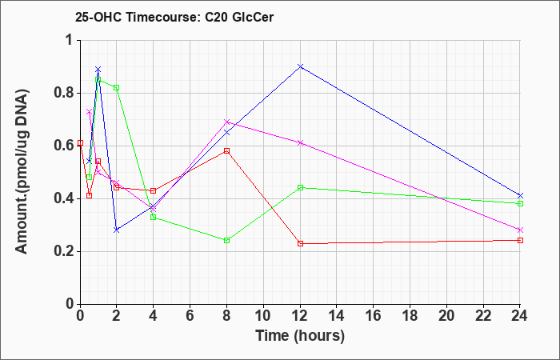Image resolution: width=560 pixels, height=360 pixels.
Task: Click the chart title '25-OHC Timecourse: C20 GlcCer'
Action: (x=174, y=17)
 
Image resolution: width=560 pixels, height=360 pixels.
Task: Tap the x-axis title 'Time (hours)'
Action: (x=300, y=336)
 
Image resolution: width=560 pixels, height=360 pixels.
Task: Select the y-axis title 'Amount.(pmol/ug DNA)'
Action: (x=22, y=171)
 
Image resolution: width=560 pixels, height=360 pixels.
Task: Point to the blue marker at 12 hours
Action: (x=300, y=66)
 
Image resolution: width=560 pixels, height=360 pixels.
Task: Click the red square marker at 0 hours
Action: (x=80, y=143)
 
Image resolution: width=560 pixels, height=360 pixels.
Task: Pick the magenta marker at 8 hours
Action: (x=226, y=122)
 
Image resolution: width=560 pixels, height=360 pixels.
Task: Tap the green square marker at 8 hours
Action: (x=226, y=240)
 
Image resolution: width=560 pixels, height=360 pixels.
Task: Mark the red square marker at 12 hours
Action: (x=300, y=243)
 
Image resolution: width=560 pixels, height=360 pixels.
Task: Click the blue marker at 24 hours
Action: (x=520, y=196)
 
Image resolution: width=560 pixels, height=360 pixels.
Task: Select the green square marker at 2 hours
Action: (x=116, y=87)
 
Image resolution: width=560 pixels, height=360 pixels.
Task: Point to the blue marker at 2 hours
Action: (x=116, y=230)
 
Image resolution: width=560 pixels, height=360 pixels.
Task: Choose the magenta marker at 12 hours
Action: (x=300, y=143)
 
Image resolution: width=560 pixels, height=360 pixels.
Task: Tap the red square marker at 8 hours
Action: (x=226, y=150)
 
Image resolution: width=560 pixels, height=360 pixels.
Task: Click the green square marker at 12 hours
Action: (x=300, y=187)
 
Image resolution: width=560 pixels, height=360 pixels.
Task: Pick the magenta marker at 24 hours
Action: (x=520, y=230)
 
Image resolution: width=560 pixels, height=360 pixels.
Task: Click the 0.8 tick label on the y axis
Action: (x=64, y=94)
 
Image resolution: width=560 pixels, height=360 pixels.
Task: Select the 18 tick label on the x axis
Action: (x=410, y=316)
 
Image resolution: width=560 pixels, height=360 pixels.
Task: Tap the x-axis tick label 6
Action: (x=190, y=316)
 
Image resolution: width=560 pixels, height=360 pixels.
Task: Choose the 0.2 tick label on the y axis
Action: (x=64, y=252)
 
